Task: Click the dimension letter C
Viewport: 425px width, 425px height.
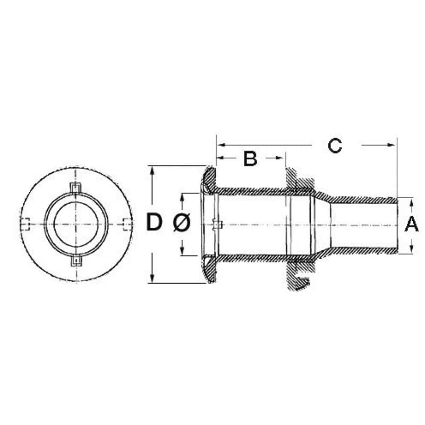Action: coord(335,145)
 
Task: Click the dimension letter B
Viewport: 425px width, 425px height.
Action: coord(250,158)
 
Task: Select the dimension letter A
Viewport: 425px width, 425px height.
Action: coord(412,225)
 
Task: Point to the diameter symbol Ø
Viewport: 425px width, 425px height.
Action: coord(182,224)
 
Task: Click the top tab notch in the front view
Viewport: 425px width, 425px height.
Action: coord(76,188)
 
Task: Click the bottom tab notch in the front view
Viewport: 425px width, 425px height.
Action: coord(76,261)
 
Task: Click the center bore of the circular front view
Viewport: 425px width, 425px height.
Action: coord(76,224)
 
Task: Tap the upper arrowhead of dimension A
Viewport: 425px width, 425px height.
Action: coord(413,201)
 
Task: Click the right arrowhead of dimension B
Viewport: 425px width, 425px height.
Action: coord(282,157)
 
